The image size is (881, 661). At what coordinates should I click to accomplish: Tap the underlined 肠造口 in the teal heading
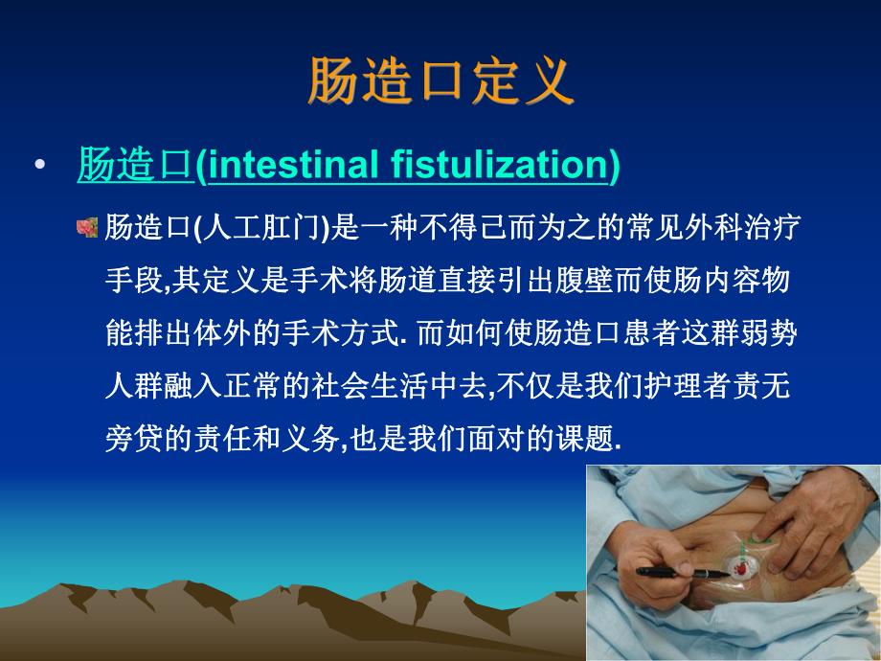tap(135, 166)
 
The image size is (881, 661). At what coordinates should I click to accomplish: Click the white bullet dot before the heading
tap(38, 167)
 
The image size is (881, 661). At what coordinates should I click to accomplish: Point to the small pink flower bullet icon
tap(87, 227)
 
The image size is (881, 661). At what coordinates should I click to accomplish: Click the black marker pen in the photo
tap(682, 572)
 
